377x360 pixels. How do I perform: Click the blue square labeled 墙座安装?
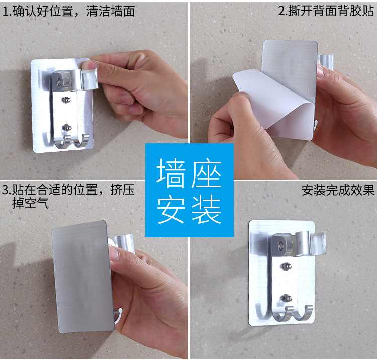(190, 190)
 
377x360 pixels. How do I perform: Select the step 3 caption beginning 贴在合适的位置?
(68, 196)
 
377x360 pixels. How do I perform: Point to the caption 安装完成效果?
(338, 190)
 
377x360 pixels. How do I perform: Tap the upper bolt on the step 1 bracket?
(65, 100)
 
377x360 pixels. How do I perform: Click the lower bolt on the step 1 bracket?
(66, 127)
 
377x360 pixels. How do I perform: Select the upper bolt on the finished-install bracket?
(286, 266)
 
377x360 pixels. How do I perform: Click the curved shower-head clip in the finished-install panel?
(317, 243)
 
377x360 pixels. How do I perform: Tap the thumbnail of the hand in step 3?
(115, 253)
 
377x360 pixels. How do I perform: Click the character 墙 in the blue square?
(171, 173)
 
